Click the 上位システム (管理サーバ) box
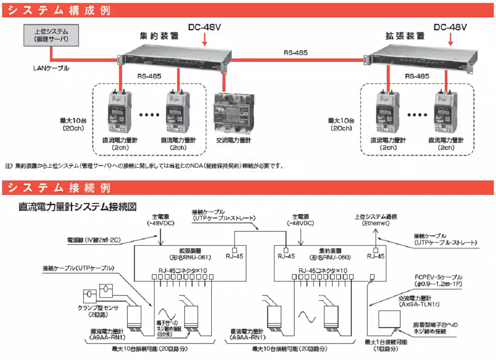51,35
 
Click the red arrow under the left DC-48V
205,40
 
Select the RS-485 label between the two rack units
295,53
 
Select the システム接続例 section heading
59,188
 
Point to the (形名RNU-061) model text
188,257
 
